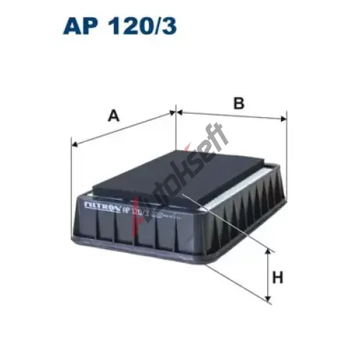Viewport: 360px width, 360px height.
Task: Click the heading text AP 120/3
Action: pos(120,26)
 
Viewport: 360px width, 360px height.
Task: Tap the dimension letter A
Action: pos(114,115)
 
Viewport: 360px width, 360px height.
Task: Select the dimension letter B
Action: pos(239,103)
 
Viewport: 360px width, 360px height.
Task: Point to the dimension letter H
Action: pos(278,277)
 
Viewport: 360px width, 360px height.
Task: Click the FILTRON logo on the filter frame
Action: pos(102,207)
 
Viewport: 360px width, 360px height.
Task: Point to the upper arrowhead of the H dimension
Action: pos(268,251)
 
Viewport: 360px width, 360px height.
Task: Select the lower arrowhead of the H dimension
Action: pos(268,298)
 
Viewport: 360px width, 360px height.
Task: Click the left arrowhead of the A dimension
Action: pos(75,144)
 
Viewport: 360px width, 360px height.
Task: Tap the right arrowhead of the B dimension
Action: pos(284,119)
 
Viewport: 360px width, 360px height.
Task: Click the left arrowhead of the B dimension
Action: pos(180,112)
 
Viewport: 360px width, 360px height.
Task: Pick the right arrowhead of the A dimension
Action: pos(173,112)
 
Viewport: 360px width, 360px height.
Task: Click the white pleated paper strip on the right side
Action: pos(240,186)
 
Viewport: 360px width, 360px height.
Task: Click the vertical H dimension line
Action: pos(268,275)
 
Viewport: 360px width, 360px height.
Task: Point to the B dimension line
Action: pos(232,115)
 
